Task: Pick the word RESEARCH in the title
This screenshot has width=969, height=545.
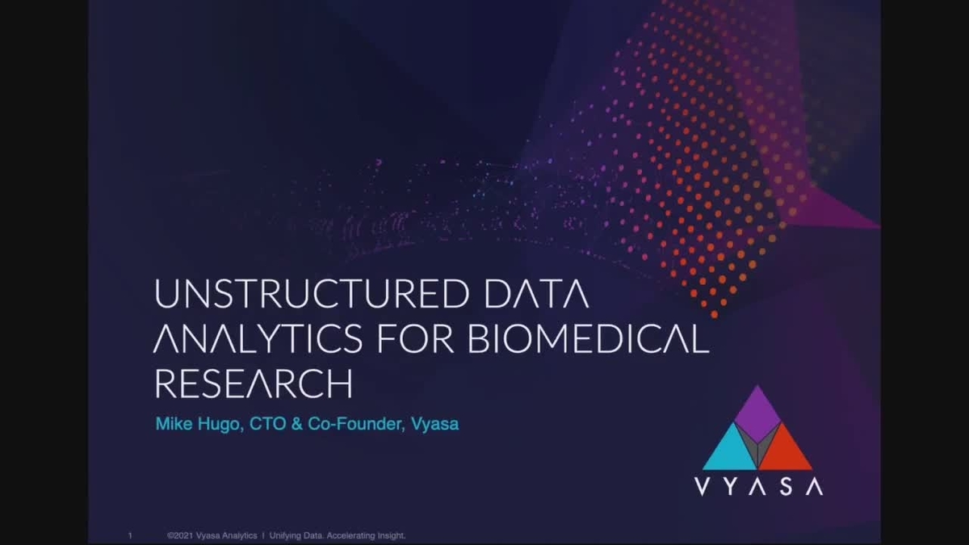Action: point(253,384)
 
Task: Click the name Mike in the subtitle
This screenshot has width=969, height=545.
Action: point(173,423)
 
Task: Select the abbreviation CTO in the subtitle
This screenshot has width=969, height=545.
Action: point(266,423)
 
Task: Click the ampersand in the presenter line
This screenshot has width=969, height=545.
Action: point(297,423)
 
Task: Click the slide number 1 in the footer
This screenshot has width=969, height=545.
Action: point(130,535)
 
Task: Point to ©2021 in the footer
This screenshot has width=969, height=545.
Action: point(179,535)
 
